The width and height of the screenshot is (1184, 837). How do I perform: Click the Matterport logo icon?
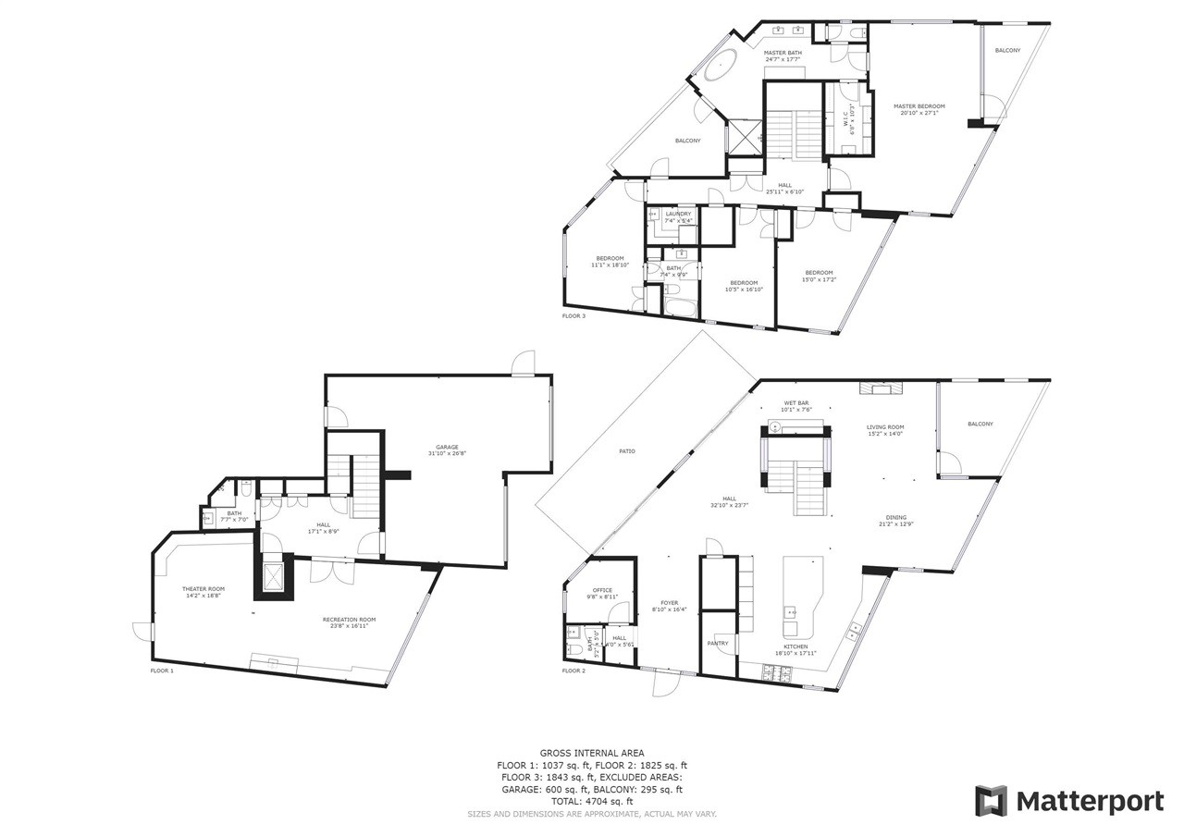(991, 800)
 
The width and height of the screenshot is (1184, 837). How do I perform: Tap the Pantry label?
(718, 643)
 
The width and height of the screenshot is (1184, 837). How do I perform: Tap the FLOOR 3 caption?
(573, 315)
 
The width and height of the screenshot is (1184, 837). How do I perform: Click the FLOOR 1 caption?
(162, 671)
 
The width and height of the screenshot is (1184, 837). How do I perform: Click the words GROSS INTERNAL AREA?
(592, 753)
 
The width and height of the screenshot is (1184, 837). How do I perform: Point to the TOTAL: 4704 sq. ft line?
(592, 801)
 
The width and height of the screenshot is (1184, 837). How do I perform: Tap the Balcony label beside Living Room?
(980, 424)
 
